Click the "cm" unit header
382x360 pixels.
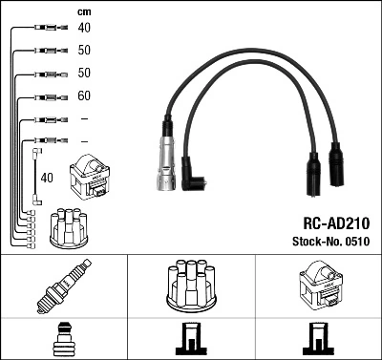pos(84,11)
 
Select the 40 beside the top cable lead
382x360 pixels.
pos(84,29)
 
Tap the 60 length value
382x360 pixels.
pos(84,96)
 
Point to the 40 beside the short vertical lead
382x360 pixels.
pos(46,177)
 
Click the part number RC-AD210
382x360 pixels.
pos(335,222)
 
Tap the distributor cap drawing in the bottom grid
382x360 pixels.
pos(190,285)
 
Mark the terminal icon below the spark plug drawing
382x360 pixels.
pos(64,339)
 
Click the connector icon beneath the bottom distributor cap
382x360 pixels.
pos(190,339)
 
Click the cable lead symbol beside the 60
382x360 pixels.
pos(42,96)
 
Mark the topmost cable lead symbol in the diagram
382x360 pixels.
pos(42,29)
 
